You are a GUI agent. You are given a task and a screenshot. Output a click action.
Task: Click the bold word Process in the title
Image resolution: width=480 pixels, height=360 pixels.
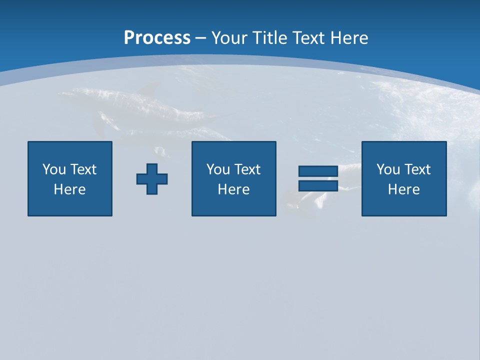click(157, 37)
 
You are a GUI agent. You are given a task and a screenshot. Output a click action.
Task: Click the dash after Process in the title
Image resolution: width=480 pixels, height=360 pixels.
click(200, 38)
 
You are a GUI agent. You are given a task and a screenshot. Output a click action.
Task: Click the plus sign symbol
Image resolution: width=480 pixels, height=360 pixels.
click(152, 179)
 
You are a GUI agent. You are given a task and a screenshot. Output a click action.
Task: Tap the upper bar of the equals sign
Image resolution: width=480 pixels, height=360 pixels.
click(318, 171)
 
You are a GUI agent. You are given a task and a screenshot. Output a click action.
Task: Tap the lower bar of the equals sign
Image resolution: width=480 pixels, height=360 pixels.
click(318, 186)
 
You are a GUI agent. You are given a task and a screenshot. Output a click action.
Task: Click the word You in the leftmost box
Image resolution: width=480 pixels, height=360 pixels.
click(54, 169)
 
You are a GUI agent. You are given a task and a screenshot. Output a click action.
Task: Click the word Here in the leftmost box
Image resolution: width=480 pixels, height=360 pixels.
click(70, 189)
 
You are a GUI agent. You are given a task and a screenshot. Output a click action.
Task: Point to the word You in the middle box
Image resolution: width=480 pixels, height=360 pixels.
click(218, 169)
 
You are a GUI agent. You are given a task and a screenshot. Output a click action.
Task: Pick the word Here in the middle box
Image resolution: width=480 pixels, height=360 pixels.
click(234, 189)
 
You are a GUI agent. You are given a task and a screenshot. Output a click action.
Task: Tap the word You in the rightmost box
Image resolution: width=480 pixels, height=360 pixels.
click(388, 169)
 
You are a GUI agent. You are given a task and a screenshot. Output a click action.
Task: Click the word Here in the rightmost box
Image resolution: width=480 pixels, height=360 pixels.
click(404, 189)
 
